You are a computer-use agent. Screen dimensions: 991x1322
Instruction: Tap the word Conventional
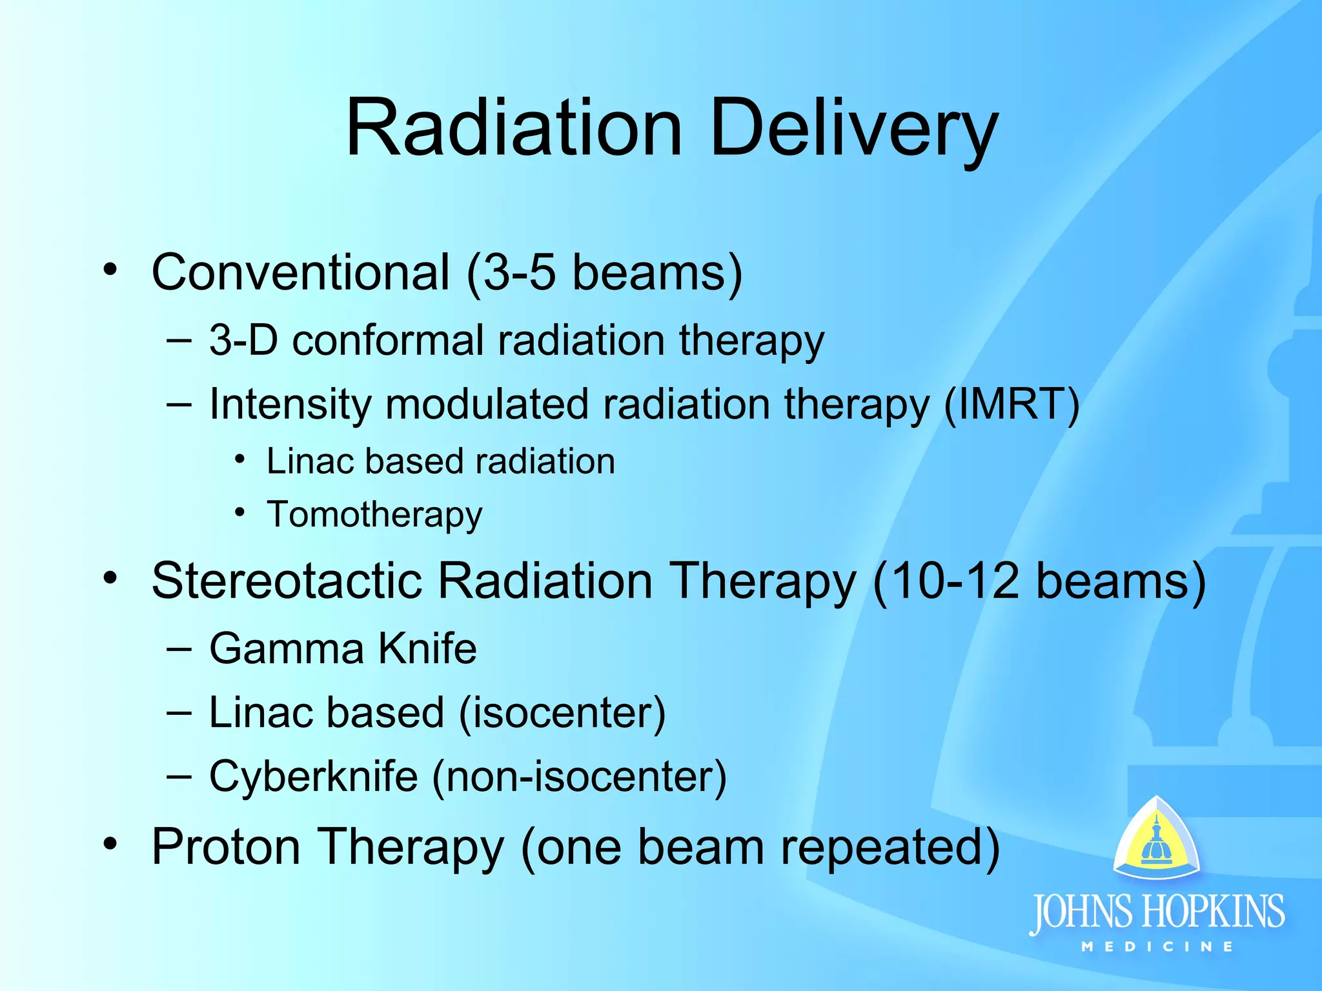click(300, 272)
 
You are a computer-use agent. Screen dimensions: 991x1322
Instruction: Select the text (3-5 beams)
click(604, 274)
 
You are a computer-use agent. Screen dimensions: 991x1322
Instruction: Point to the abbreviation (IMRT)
click(1012, 405)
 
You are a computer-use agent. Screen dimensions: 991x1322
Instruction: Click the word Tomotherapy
click(374, 515)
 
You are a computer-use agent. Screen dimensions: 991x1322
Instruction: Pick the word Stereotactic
click(287, 581)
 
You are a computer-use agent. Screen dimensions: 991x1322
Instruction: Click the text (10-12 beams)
click(1039, 582)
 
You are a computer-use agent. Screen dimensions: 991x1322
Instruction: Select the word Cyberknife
click(314, 776)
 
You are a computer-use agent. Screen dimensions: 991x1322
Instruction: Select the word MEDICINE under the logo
click(1157, 947)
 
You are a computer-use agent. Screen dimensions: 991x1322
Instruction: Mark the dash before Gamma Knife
click(179, 648)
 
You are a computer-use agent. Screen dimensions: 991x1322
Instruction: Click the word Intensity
click(290, 405)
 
